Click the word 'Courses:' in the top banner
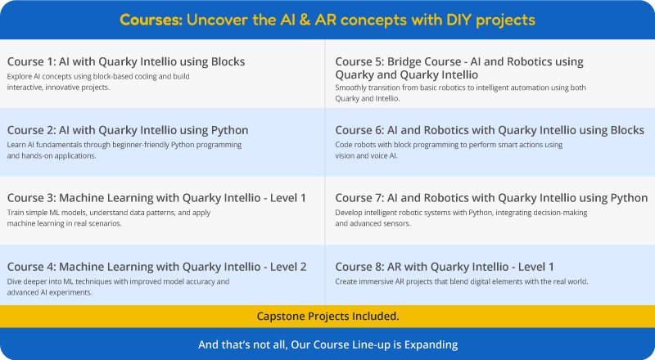coord(149,19)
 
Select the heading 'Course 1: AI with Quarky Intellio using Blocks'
coord(126,61)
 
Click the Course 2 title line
coord(128,130)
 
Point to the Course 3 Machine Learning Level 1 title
coord(156,198)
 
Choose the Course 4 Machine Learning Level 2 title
coord(157,267)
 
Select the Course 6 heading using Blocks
coord(490,130)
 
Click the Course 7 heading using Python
coord(491,198)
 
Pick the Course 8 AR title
coord(445,267)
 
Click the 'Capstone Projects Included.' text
coord(327,316)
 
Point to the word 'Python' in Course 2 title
coord(229,130)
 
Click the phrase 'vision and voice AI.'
coord(367,155)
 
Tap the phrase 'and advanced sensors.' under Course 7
coord(373,223)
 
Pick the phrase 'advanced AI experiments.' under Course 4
coord(51,291)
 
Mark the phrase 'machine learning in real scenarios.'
coord(64,223)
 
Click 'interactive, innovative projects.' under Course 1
coord(58,86)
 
